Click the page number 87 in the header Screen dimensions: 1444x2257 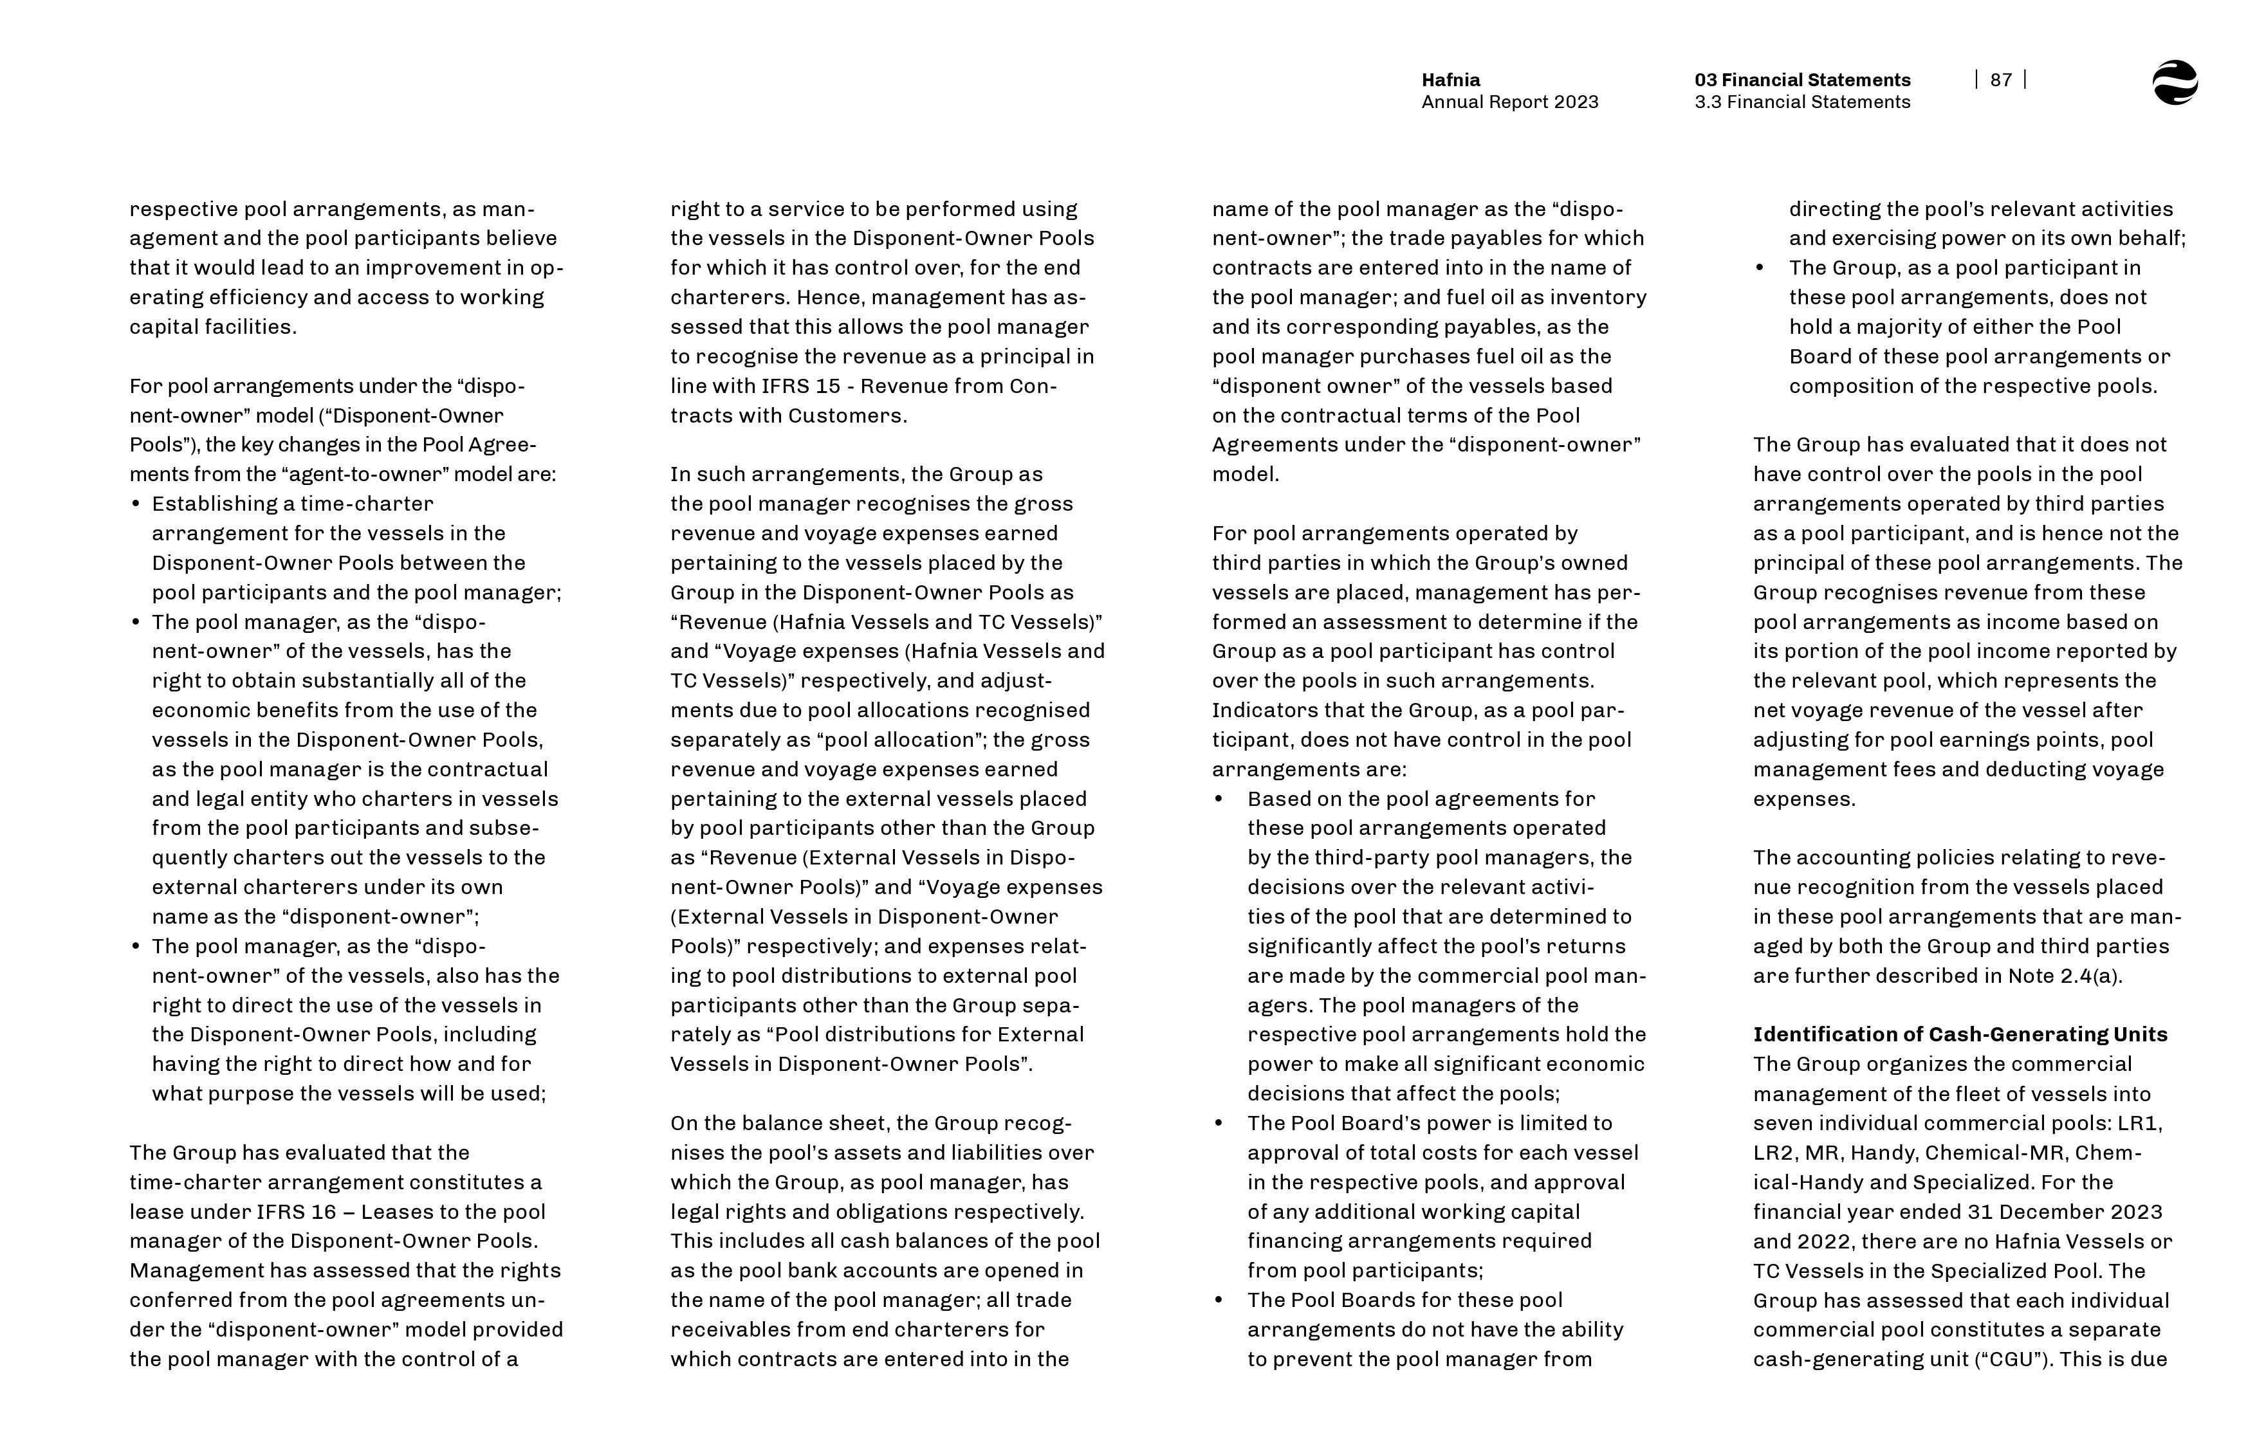tap(2000, 80)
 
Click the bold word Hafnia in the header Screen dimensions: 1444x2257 tap(1451, 80)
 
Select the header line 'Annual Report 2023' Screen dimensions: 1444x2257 tap(1509, 102)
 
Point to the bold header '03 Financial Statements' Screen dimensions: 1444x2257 tap(1801, 80)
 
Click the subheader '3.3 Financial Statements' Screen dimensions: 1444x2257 tap(1801, 102)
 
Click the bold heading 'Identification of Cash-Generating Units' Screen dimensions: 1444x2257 tap(1960, 1034)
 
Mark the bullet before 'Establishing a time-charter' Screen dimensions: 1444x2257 tap(136, 504)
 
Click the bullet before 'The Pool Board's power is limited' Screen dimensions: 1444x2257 tap(1219, 1123)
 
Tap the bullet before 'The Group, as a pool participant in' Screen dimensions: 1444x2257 tap(1760, 268)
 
